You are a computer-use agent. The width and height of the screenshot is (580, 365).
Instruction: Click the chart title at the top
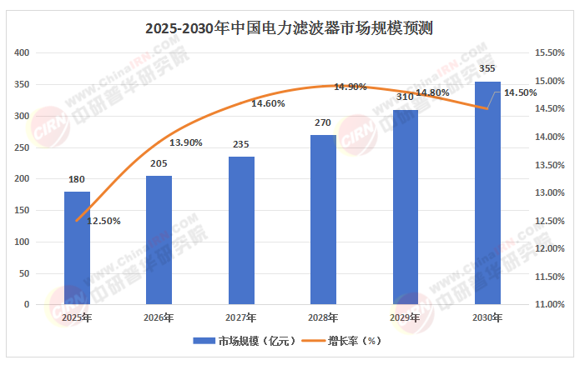pos(290,28)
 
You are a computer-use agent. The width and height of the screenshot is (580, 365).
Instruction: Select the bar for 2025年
pos(77,247)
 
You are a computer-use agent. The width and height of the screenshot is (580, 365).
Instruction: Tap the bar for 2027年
pos(241,230)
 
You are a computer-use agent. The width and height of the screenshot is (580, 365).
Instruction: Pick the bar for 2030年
pos(487,192)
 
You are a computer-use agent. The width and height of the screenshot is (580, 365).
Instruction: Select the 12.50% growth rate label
pos(105,221)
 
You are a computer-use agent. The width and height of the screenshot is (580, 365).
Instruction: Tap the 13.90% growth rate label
pos(186,142)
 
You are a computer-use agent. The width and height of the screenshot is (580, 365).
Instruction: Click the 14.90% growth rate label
pos(351,87)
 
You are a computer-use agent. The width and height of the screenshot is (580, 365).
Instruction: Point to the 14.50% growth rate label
pos(521,93)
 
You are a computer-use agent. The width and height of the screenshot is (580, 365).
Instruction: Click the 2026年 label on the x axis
pos(159,317)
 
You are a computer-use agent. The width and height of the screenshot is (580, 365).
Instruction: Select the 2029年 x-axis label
pos(406,317)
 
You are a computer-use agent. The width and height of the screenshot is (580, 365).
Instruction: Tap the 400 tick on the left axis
pos(23,53)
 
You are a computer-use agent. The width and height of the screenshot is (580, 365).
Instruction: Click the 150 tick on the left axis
pos(23,211)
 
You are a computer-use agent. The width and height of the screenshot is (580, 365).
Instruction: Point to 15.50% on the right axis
pos(551,53)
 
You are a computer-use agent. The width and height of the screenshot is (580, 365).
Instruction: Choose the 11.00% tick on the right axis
pos(551,305)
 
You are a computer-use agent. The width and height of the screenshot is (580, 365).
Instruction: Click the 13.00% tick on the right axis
pos(551,193)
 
